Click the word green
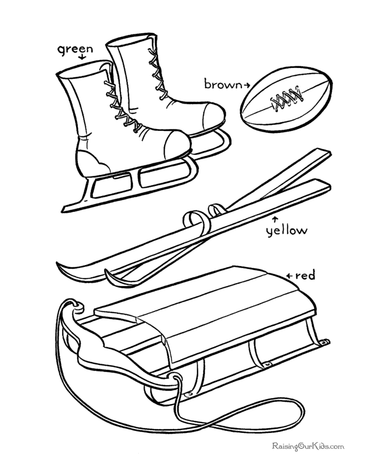point(75,49)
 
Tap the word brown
point(223,85)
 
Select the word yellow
point(286,231)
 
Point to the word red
point(305,276)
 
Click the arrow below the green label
point(82,58)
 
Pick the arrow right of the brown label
point(247,85)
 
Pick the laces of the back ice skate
point(156,75)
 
